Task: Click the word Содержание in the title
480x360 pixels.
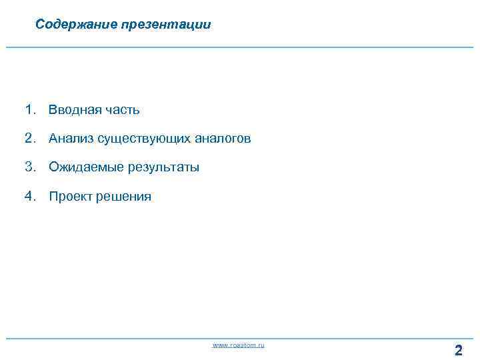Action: coord(77,25)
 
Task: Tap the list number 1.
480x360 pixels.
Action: coord(29,109)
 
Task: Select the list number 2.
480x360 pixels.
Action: coord(29,138)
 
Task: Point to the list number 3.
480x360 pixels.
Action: coord(29,167)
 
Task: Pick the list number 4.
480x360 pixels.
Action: coord(29,196)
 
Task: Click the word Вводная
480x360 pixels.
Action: coord(73,109)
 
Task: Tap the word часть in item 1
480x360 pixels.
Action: coord(121,109)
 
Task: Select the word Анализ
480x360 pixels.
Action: coord(71,139)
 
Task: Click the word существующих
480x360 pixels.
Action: coord(144,139)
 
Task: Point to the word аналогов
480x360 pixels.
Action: coord(223,139)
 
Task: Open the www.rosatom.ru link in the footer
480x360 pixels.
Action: coord(238,345)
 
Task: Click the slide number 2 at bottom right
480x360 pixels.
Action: coord(458,350)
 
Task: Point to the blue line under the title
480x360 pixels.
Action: coord(240,47)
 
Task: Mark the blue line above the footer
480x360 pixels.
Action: coord(240,339)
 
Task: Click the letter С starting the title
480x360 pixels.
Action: coord(39,25)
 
